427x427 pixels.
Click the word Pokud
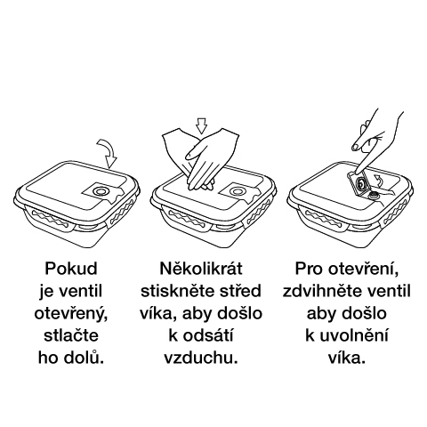[x=71, y=269]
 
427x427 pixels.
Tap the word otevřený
[x=71, y=314]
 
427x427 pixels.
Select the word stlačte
[x=71, y=335]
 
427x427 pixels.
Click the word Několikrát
[x=201, y=269]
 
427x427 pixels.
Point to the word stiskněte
[x=177, y=291]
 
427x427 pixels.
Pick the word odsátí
[x=208, y=335]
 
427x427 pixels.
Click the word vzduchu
[x=201, y=359]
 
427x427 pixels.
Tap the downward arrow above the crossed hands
[x=202, y=126]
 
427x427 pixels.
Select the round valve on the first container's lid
[x=101, y=191]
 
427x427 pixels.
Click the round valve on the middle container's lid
[x=237, y=191]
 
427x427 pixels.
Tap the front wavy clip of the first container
[x=49, y=221]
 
